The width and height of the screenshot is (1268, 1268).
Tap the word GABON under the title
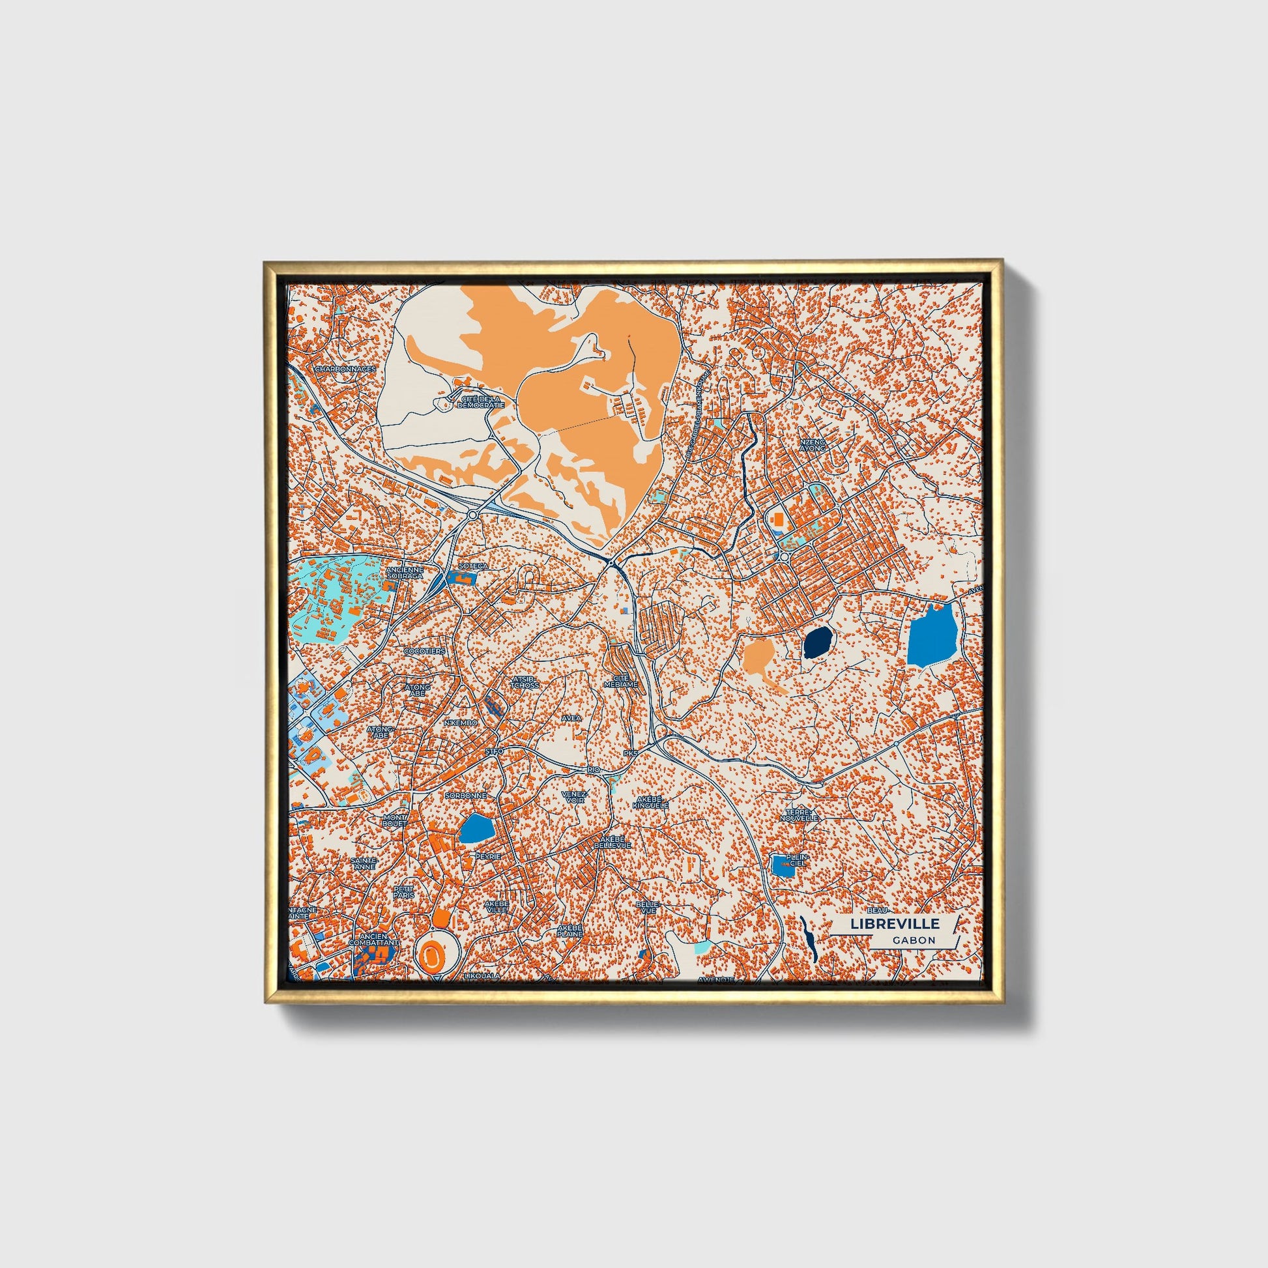tap(914, 940)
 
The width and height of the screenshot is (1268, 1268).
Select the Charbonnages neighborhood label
tap(345, 369)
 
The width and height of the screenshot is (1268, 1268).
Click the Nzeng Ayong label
tap(812, 446)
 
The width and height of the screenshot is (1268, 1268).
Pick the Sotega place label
tap(473, 565)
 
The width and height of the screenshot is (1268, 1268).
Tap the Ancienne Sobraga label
tap(405, 573)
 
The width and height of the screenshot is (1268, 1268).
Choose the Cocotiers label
tap(425, 651)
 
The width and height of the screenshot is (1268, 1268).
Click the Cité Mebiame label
tap(620, 681)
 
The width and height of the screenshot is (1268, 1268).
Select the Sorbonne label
tap(466, 795)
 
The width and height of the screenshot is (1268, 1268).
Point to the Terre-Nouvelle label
tap(800, 815)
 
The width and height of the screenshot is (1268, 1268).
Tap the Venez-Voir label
tap(575, 797)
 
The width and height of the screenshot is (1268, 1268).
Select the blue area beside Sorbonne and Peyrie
tap(476, 829)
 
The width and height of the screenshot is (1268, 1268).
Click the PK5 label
tap(631, 753)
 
